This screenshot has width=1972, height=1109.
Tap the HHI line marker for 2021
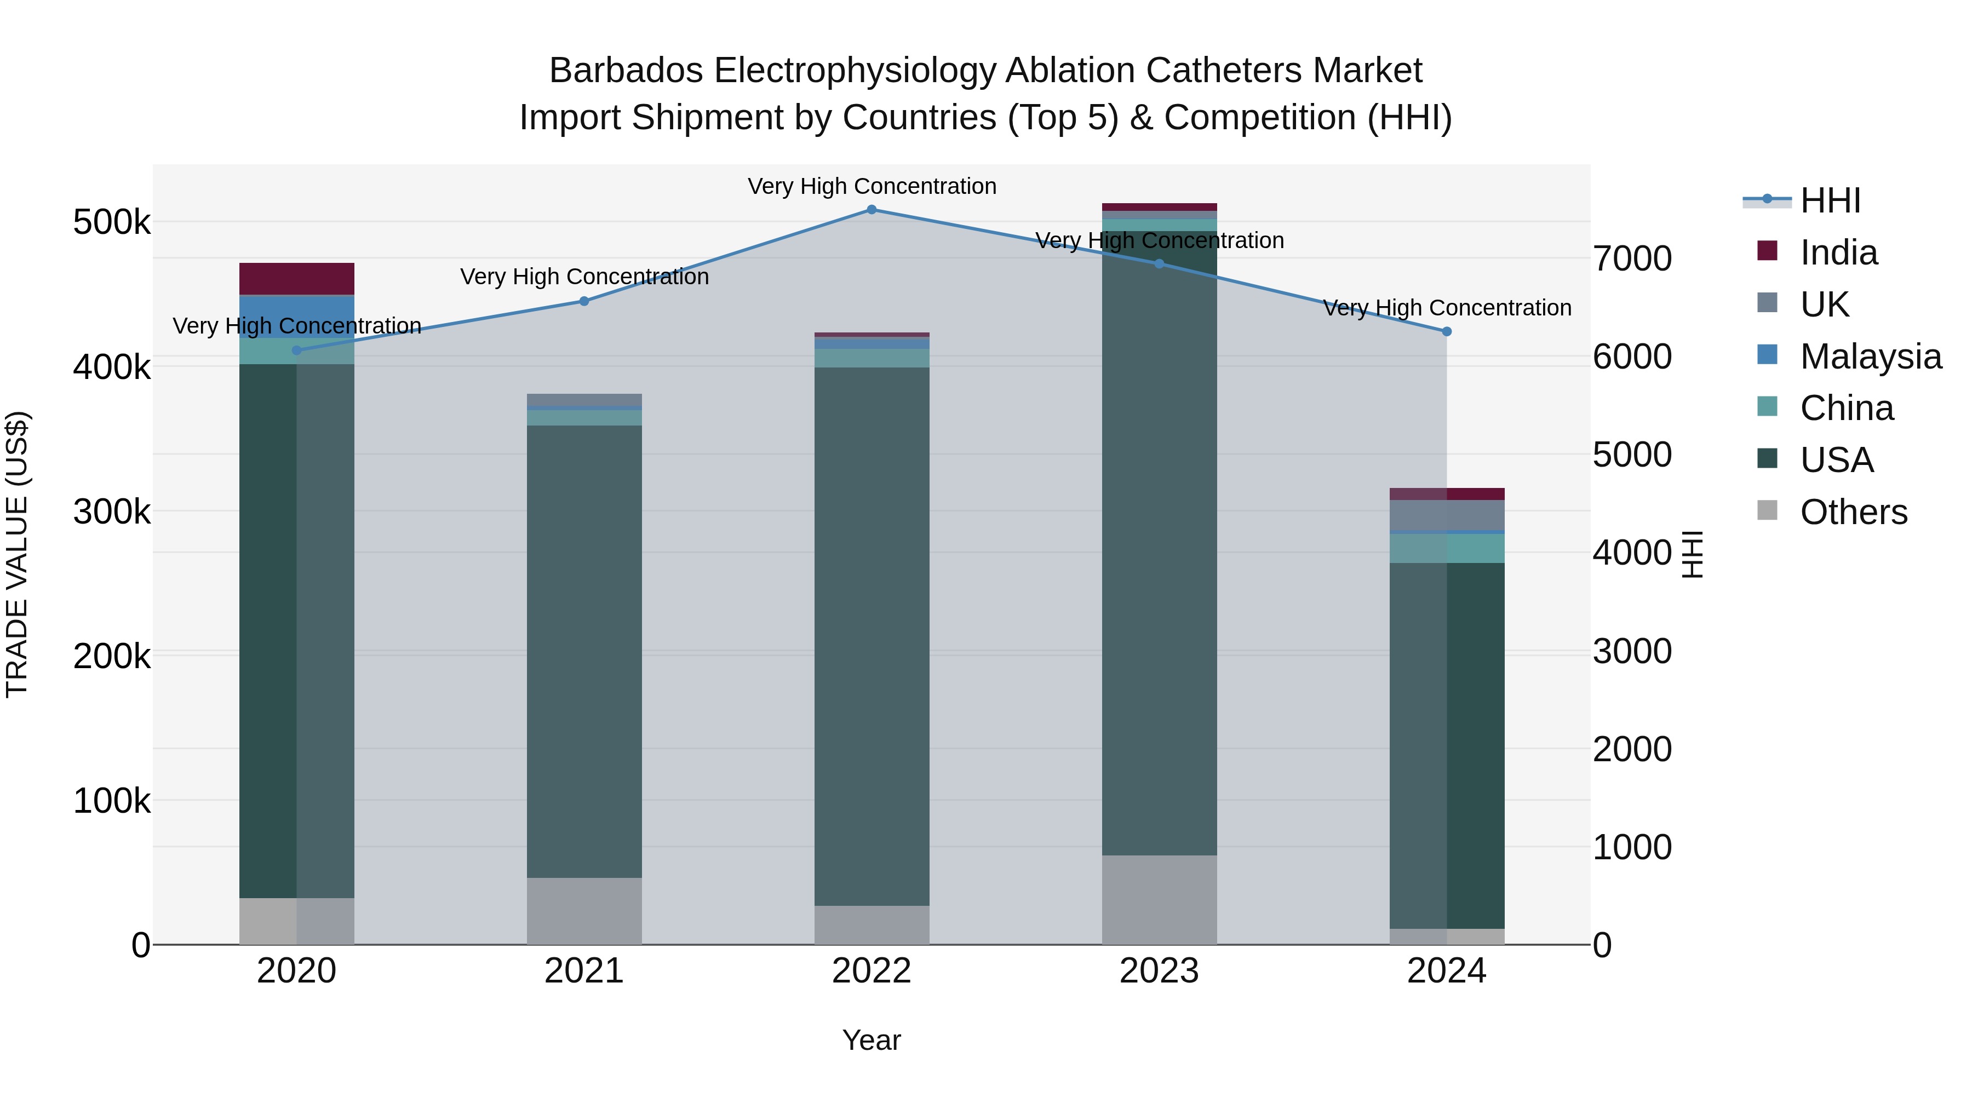pyautogui.click(x=584, y=302)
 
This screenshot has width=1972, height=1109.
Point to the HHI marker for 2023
pyautogui.click(x=1159, y=264)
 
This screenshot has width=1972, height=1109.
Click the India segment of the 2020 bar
pyautogui.click(x=297, y=279)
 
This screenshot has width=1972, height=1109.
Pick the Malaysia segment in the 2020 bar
pyautogui.click(x=297, y=315)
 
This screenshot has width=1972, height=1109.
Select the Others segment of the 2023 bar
pyautogui.click(x=1159, y=899)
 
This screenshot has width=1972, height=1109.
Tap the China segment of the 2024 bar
pyautogui.click(x=1447, y=548)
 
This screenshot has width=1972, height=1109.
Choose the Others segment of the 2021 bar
pyautogui.click(x=584, y=911)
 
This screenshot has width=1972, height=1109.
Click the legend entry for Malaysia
pyautogui.click(x=1870, y=357)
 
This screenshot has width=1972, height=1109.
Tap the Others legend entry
pyautogui.click(x=1853, y=512)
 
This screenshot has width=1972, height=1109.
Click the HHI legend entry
pyautogui.click(x=1830, y=200)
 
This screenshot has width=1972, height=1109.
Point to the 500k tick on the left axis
pyautogui.click(x=112, y=223)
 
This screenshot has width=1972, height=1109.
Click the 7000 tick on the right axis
pyautogui.click(x=1633, y=258)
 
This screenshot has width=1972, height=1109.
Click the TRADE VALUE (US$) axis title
pyautogui.click(x=17, y=554)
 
